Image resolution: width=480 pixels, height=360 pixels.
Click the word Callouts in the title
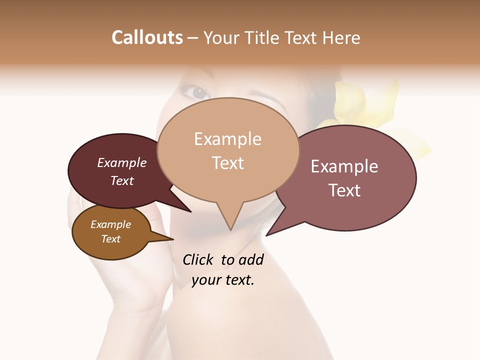147,38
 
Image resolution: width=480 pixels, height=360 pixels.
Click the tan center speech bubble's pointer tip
230,229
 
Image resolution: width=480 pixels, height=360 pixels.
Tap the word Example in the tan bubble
227,139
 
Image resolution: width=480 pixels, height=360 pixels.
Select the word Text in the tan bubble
227,163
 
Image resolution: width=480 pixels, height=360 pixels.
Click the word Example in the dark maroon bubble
122,162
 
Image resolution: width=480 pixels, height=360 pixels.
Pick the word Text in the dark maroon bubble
122,180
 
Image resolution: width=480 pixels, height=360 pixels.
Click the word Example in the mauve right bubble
344,166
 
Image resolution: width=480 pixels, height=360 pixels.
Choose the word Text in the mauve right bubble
344,190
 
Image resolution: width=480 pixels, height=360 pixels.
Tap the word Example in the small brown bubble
110,224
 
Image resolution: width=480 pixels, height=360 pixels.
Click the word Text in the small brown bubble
110,239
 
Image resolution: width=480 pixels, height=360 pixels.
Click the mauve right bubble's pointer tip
267,235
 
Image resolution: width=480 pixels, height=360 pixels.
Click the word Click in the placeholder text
197,259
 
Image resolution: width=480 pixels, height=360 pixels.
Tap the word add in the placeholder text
251,259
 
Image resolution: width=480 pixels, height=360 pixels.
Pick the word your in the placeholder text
206,280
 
